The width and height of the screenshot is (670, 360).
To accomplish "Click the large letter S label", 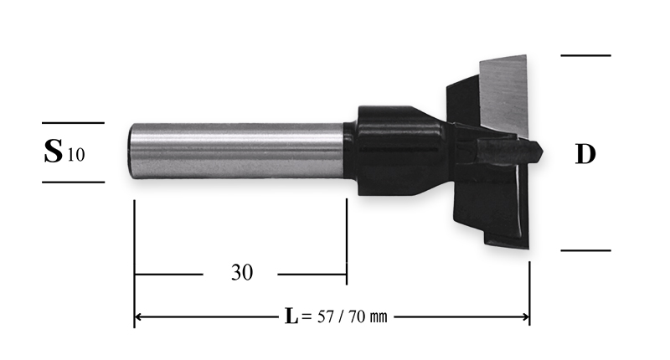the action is click(x=53, y=152).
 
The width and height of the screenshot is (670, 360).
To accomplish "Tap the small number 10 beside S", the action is click(x=76, y=155).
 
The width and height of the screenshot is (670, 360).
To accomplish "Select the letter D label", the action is click(x=585, y=154).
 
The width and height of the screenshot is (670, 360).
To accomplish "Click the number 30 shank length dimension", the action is click(x=242, y=272).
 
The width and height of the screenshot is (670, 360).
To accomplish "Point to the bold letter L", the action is click(x=291, y=316).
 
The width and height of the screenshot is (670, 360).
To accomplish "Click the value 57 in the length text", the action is click(x=325, y=316).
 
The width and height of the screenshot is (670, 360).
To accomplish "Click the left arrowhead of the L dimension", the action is click(x=138, y=316).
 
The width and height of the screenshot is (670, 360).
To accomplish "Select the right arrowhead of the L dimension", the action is click(x=526, y=316).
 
